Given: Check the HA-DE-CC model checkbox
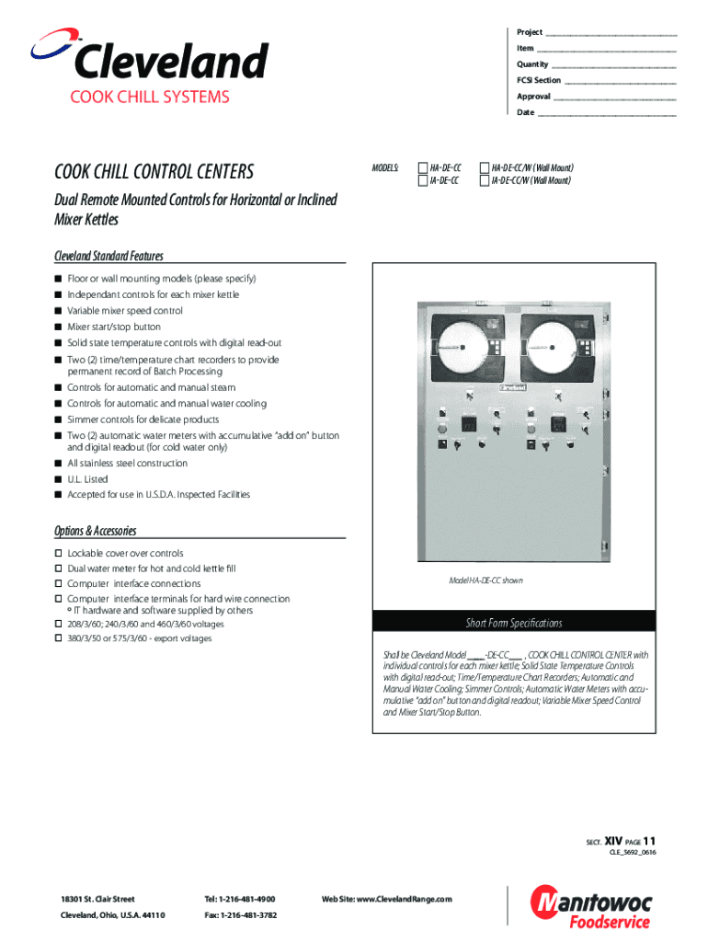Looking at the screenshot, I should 423,168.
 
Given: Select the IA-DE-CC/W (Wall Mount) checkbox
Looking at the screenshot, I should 485,181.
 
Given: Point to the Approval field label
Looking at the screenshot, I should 533,97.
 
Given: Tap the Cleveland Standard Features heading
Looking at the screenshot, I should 108,257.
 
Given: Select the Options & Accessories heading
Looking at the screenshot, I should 96,531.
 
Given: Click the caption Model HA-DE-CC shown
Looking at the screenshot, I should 485,580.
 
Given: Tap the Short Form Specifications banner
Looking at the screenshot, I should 513,623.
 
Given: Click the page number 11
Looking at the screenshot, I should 650,841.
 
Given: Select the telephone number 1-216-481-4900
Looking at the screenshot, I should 239,898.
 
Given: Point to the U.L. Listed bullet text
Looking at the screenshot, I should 87,479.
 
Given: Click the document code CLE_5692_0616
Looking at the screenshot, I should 633,854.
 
